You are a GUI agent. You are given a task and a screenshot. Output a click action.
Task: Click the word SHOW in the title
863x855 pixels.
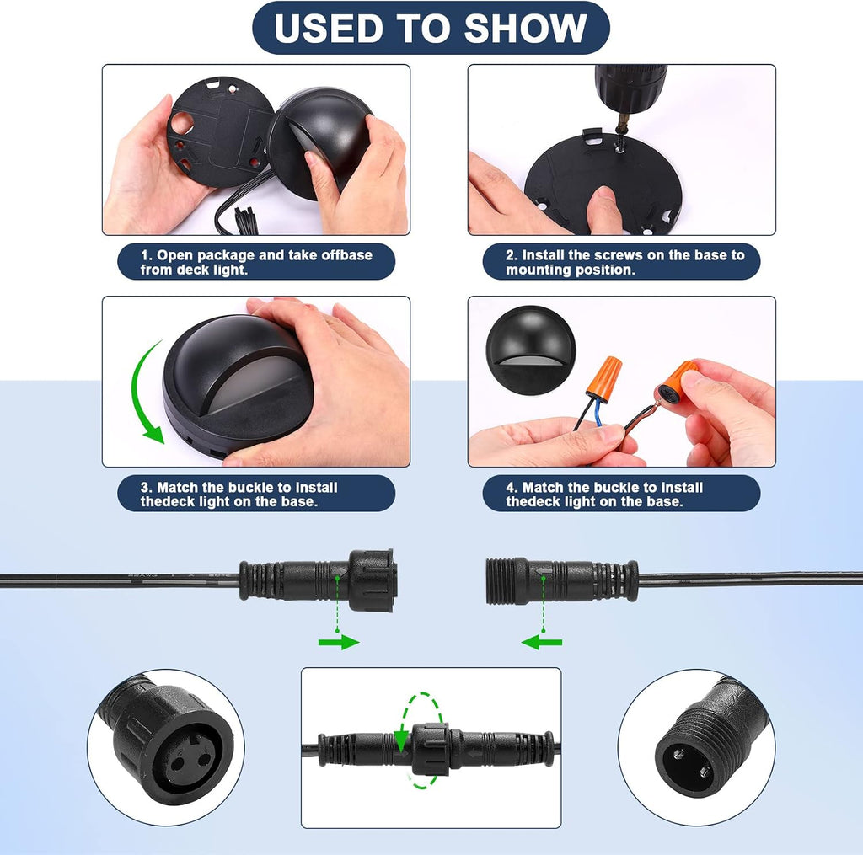click(x=525, y=28)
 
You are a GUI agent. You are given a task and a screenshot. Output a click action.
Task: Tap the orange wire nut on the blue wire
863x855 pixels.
click(x=603, y=378)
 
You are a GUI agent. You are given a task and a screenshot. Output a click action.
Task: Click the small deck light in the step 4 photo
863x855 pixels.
click(x=531, y=350)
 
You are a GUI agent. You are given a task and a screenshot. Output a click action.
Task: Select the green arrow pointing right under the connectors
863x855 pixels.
click(x=339, y=642)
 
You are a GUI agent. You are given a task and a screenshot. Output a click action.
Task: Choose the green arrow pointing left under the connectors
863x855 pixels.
click(x=542, y=642)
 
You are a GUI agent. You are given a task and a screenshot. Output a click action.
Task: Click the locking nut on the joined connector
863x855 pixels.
click(x=431, y=749)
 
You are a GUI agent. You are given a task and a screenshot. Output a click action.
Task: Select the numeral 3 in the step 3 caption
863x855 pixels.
click(x=145, y=488)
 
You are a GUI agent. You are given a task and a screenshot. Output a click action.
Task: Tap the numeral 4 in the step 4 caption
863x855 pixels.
click(x=511, y=488)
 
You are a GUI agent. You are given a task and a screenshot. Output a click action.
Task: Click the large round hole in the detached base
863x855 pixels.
click(x=182, y=123)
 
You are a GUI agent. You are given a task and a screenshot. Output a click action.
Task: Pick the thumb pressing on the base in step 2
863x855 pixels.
click(x=603, y=210)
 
